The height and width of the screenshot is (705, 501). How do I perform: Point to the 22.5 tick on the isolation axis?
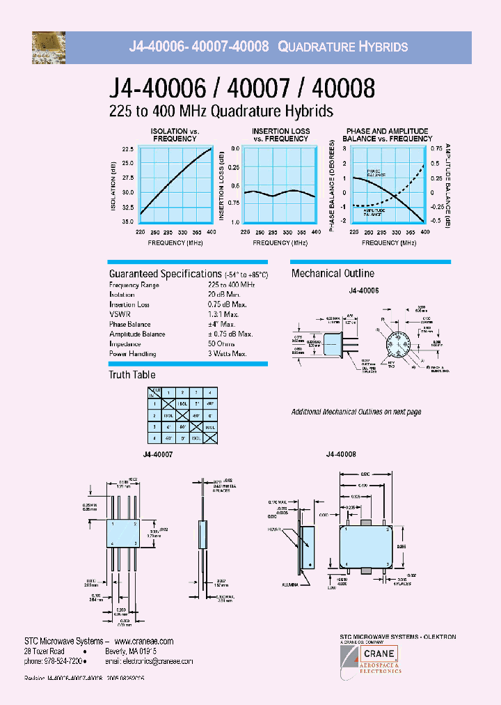pos(127,150)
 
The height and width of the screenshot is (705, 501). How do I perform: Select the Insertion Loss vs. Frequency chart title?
pos(280,134)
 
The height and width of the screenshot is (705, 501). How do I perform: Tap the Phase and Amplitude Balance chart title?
pos(387,134)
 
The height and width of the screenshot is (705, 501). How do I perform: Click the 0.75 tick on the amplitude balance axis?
pos(436,149)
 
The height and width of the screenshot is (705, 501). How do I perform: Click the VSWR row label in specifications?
pos(118,314)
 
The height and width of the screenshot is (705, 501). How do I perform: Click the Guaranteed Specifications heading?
pos(165,274)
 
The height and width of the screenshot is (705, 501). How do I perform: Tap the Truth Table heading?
pos(132,375)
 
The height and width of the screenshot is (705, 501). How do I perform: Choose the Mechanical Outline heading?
pos(333,274)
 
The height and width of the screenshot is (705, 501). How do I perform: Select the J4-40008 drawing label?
pos(341,454)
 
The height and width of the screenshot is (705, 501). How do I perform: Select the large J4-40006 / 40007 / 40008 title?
pos(241,88)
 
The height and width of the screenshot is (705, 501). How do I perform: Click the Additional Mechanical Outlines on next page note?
pos(356,412)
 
